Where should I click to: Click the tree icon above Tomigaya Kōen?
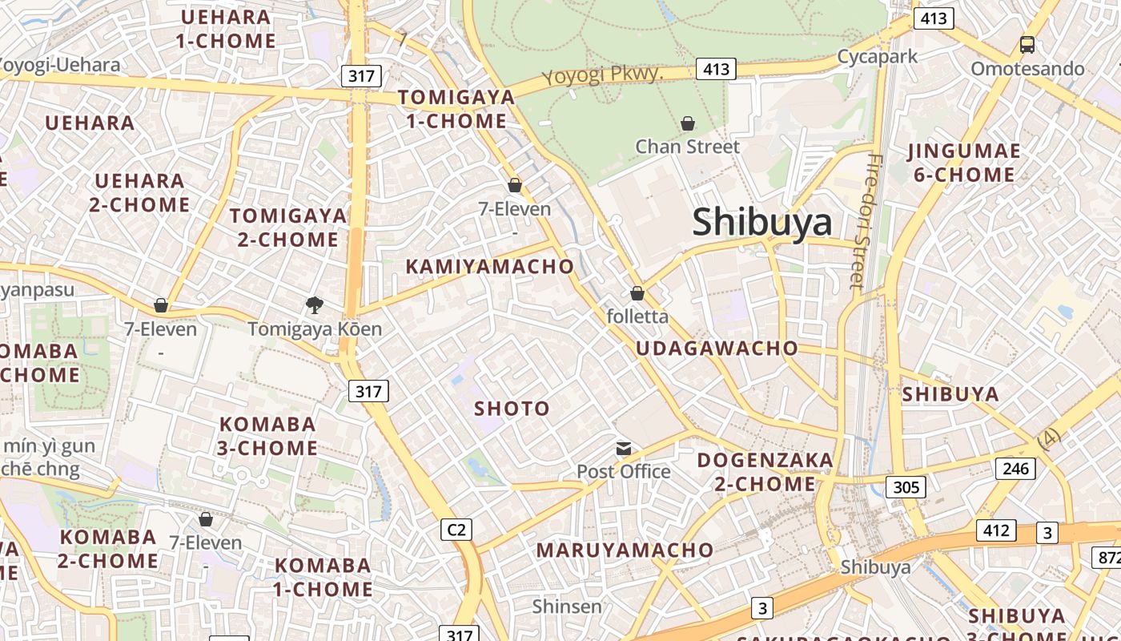point(315,304)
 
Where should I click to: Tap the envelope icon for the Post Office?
point(623,448)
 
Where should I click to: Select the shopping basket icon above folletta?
point(637,293)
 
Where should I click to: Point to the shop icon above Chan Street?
point(687,123)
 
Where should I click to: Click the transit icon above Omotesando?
point(1027,45)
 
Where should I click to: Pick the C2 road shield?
point(456,530)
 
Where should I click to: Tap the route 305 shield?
point(906,486)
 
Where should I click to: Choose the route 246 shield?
point(1015,469)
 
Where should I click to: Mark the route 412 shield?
point(996,530)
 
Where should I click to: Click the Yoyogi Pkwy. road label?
point(603,76)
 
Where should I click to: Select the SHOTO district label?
point(512,409)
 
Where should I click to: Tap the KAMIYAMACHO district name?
point(490,267)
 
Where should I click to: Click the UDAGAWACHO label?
point(717,348)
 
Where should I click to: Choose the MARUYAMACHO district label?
point(625,550)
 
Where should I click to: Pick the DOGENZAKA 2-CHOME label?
point(765,472)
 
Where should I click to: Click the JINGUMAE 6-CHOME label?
point(964,163)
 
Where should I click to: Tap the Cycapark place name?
point(878,57)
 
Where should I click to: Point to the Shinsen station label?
point(567,607)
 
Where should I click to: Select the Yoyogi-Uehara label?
point(60,65)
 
